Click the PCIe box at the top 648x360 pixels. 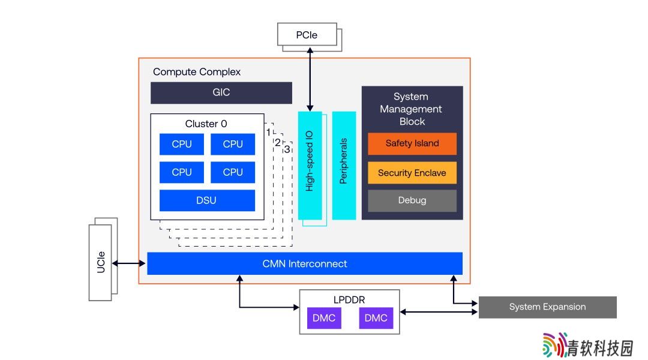click(307, 34)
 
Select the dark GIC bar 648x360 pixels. click(221, 92)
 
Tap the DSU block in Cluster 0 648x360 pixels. click(207, 200)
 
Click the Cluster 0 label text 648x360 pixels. click(206, 124)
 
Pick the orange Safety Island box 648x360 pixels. click(412, 143)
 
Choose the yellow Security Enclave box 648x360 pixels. click(412, 173)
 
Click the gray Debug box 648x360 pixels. click(412, 200)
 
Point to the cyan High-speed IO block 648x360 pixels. click(310, 166)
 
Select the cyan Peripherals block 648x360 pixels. click(344, 166)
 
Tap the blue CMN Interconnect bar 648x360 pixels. click(305, 263)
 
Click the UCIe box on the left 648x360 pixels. click(100, 262)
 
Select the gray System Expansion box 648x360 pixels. click(548, 307)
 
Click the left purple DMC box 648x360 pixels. click(324, 318)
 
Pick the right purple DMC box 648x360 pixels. click(376, 318)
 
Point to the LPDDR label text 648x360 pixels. click(349, 299)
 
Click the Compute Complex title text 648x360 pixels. click(197, 72)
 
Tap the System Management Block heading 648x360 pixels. click(411, 109)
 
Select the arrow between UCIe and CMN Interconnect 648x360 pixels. click(128, 263)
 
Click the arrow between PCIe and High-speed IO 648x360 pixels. click(310, 79)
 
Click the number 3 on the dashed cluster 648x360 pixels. click(287, 149)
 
